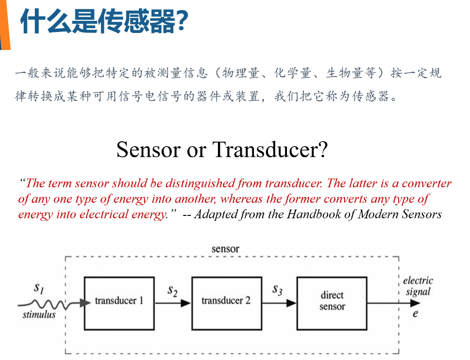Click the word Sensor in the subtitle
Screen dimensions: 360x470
coord(148,149)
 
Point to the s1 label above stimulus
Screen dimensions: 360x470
coord(39,288)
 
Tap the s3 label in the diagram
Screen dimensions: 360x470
coord(277,290)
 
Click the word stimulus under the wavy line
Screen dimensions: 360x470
coord(39,315)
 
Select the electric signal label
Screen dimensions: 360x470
coord(418,286)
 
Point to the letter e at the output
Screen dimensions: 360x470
coord(415,313)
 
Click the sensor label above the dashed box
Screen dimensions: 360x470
coord(225,249)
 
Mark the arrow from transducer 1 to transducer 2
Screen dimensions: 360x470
coord(173,303)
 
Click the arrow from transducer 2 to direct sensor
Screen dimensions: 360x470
coord(279,303)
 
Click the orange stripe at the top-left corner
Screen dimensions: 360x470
coord(5,24)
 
